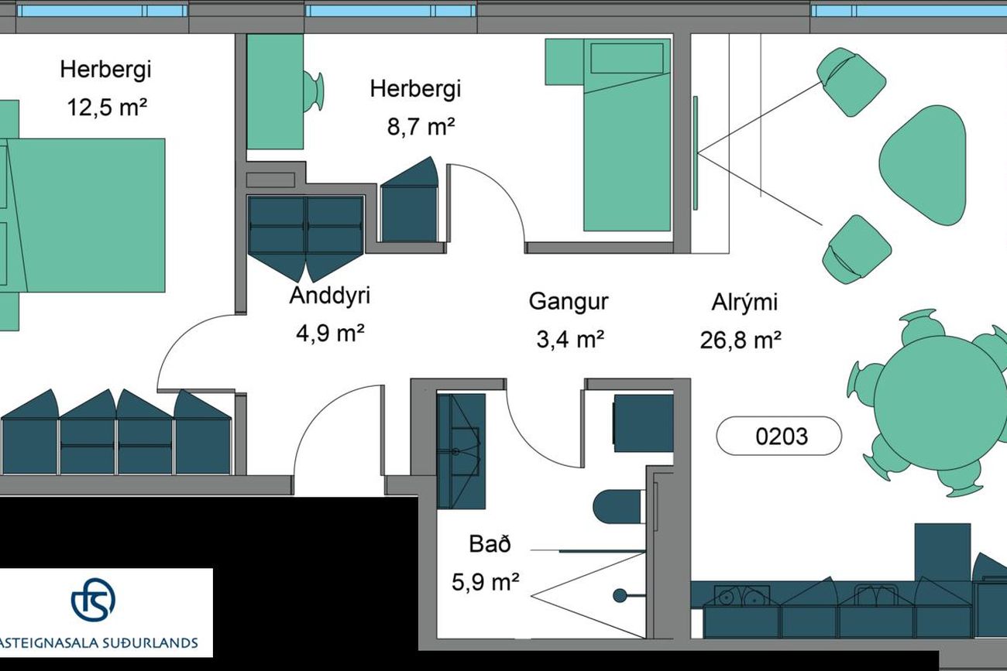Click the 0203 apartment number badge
pyautogui.click(x=778, y=436)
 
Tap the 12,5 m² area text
pyautogui.click(x=107, y=108)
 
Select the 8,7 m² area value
pyautogui.click(x=421, y=127)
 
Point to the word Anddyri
pyautogui.click(x=329, y=296)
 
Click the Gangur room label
pyautogui.click(x=569, y=302)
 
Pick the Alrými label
pyautogui.click(x=744, y=302)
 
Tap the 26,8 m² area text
pyautogui.click(x=741, y=340)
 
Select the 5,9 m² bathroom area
pyautogui.click(x=486, y=583)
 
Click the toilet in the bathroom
pyautogui.click(x=619, y=507)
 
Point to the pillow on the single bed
pyautogui.click(x=627, y=58)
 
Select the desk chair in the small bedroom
pyautogui.click(x=314, y=91)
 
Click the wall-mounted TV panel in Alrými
pyautogui.click(x=695, y=152)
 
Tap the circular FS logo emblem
pyautogui.click(x=93, y=600)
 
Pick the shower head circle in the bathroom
pyautogui.click(x=620, y=596)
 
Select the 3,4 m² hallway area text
pyautogui.click(x=570, y=339)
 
